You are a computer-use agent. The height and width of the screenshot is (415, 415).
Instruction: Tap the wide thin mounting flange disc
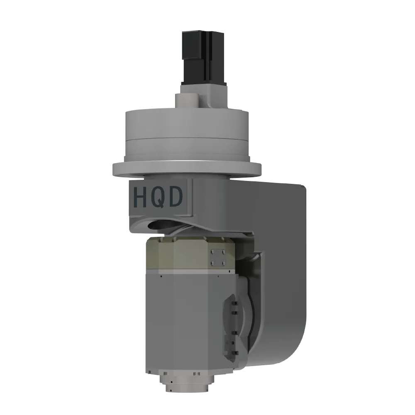point(186,168)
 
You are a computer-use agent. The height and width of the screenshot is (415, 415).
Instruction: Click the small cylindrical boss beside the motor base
point(187,100)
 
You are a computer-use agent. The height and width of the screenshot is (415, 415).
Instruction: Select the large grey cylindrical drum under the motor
point(187,133)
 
